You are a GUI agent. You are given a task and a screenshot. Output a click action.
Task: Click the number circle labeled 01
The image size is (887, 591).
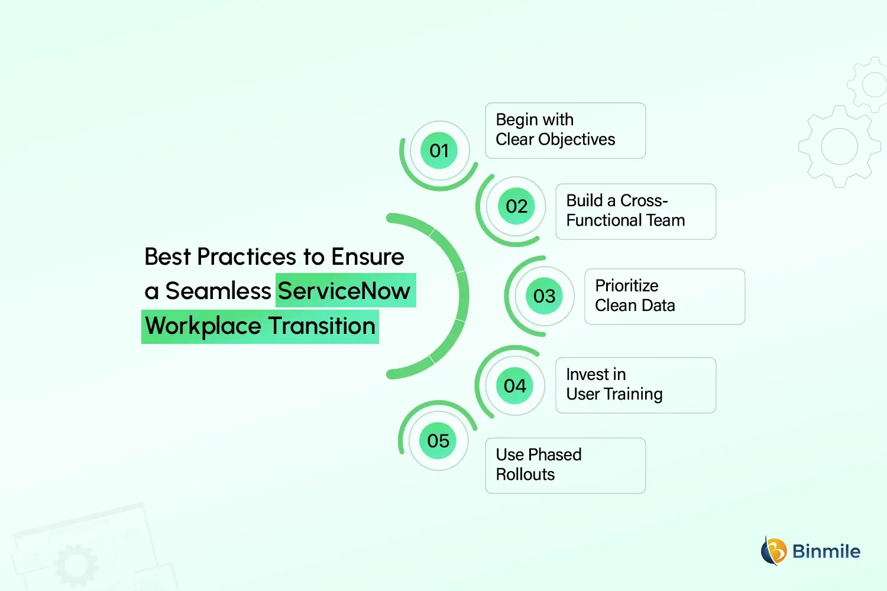[439, 151]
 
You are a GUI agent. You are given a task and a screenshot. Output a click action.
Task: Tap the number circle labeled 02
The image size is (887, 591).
[516, 206]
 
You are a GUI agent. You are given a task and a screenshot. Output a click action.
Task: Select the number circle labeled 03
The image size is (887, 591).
[544, 295]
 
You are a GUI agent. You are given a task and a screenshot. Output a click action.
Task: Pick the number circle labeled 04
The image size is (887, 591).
[514, 386]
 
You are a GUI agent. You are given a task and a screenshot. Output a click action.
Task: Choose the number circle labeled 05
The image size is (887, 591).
[438, 441]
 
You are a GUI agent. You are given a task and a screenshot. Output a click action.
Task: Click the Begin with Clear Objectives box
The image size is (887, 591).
[565, 131]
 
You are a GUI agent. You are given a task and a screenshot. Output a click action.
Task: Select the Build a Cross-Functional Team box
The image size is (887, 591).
[635, 212]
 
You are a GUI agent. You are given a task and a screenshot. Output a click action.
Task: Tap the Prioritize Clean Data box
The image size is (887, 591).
[664, 297]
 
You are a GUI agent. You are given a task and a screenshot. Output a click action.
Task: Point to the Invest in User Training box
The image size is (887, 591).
[635, 385]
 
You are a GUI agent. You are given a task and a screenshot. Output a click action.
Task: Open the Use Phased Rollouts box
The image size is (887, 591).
[565, 466]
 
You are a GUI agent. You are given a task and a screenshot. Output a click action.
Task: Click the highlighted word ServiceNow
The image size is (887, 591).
[344, 291]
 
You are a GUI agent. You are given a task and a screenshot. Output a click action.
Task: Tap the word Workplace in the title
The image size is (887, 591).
[203, 326]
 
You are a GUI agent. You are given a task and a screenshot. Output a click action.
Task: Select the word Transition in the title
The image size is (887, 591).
[322, 326]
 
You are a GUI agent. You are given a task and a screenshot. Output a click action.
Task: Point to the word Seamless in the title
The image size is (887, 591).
[218, 291]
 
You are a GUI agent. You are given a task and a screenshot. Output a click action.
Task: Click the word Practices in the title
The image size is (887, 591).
[246, 257]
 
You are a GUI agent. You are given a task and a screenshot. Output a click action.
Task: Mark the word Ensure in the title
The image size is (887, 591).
[367, 257]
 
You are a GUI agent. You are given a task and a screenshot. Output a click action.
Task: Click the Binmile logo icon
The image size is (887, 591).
[773, 551]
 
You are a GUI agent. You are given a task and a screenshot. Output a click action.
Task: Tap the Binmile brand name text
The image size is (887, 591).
[826, 551]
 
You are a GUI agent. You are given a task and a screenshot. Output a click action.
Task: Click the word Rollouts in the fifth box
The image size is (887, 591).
[525, 475]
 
